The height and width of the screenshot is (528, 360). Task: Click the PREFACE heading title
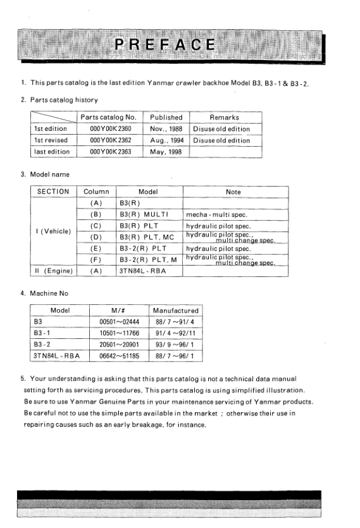tap(163, 45)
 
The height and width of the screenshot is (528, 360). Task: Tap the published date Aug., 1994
tap(166, 140)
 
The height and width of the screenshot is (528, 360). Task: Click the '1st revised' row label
tap(51, 140)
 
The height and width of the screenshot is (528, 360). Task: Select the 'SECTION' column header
tap(53, 190)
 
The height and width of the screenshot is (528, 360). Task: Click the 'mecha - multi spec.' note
tap(212, 214)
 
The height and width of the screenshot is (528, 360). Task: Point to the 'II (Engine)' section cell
tap(53, 271)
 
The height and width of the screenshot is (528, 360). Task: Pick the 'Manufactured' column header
tap(176, 310)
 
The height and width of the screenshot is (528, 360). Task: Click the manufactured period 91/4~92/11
tap(175, 333)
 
